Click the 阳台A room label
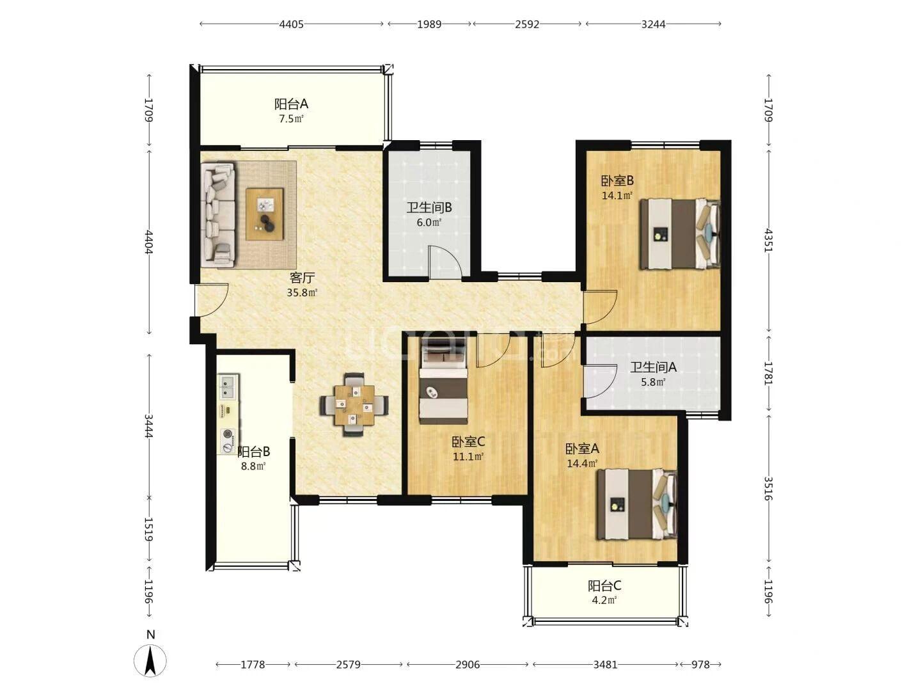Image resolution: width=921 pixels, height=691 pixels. point(291,104)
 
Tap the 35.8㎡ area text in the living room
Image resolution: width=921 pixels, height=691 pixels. point(302,293)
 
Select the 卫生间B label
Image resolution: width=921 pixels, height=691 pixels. point(429,208)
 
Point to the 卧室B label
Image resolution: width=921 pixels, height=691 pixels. point(617,181)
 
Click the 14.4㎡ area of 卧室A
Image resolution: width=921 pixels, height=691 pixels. point(582,464)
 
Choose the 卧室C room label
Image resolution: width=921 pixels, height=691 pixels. point(468,441)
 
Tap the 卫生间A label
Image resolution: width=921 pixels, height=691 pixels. point(653,367)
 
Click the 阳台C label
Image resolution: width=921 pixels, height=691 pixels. point(604,585)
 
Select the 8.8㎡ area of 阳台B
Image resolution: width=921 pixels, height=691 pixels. point(253,466)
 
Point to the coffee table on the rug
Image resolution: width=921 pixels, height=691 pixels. point(264,214)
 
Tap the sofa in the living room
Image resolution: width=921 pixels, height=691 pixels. point(218,214)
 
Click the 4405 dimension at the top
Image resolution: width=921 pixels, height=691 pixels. point(291,24)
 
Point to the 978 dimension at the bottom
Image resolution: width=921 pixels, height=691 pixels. point(700,665)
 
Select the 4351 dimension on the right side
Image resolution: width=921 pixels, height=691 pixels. point(768,241)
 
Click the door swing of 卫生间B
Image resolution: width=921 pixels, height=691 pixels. point(445,262)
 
